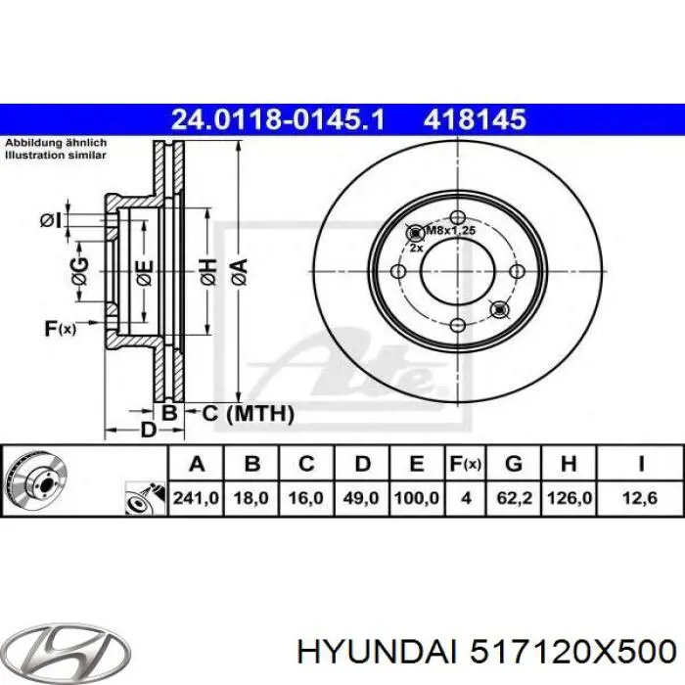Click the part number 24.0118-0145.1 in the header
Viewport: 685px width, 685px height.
(x=278, y=119)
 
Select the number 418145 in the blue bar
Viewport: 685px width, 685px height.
(x=475, y=119)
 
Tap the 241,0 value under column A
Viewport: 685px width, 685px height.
(x=197, y=498)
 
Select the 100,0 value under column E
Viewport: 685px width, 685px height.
(x=415, y=498)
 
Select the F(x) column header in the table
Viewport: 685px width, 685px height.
(x=466, y=463)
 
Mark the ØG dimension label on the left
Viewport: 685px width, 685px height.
(x=79, y=266)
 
